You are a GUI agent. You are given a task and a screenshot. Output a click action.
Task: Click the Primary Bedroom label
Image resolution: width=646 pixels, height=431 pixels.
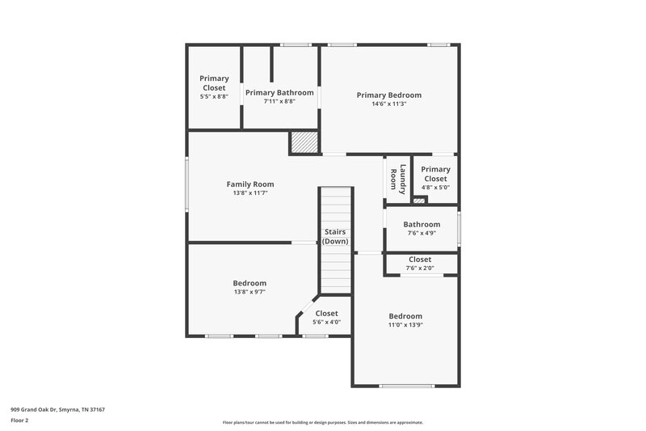(389, 95)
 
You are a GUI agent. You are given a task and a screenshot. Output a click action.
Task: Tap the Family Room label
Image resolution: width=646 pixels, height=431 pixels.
(250, 184)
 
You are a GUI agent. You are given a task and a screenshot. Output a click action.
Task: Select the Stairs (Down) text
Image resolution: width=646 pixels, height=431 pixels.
(335, 236)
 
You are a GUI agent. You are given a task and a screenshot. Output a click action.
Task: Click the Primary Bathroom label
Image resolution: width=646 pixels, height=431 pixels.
(279, 92)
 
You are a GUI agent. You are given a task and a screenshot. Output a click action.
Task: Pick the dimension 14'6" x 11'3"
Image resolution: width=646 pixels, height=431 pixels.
(389, 104)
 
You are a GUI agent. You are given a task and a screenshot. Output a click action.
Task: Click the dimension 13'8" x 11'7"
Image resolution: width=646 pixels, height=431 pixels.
(250, 193)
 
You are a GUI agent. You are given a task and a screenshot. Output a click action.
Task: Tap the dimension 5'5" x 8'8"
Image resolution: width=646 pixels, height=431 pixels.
(214, 97)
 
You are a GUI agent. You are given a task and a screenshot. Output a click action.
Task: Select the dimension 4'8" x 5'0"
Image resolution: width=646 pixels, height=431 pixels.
(435, 187)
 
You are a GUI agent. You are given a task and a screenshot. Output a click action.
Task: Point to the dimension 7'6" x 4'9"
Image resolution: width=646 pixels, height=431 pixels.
(422, 234)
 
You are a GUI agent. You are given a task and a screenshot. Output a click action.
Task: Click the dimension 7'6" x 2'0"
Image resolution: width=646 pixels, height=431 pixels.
(420, 268)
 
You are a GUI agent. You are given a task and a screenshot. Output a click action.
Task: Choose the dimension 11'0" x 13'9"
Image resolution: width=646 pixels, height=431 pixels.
(405, 325)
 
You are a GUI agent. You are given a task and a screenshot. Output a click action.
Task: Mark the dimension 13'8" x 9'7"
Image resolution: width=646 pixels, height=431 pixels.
(250, 292)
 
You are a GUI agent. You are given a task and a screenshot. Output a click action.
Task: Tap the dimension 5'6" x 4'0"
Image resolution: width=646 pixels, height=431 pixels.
(327, 322)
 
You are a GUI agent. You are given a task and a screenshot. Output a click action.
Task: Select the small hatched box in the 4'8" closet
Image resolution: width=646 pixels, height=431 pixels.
(418, 198)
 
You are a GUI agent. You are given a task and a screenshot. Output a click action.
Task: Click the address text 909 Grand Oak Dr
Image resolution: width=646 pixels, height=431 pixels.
(57, 409)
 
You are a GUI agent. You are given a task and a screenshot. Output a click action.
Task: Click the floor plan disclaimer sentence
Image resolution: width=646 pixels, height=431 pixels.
(323, 422)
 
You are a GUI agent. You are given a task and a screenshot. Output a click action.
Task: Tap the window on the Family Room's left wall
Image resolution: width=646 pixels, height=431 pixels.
(187, 185)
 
